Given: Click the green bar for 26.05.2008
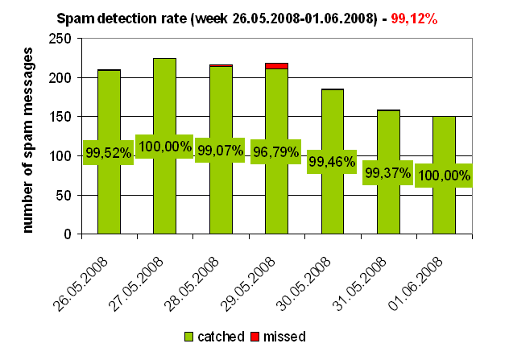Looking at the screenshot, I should tap(109, 193).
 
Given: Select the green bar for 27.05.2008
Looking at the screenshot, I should tap(164, 193).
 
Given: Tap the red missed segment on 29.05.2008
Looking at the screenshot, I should tap(276, 66).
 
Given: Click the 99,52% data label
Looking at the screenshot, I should tap(108, 152).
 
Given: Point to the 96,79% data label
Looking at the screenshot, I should tap(275, 151).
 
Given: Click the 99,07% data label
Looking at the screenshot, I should tap(220, 151).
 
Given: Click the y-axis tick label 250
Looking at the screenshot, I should tap(60, 39).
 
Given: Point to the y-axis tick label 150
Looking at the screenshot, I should tap(60, 117).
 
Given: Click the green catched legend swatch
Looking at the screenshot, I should tap(190, 336).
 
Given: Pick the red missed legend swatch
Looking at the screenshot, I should tap(256, 336).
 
